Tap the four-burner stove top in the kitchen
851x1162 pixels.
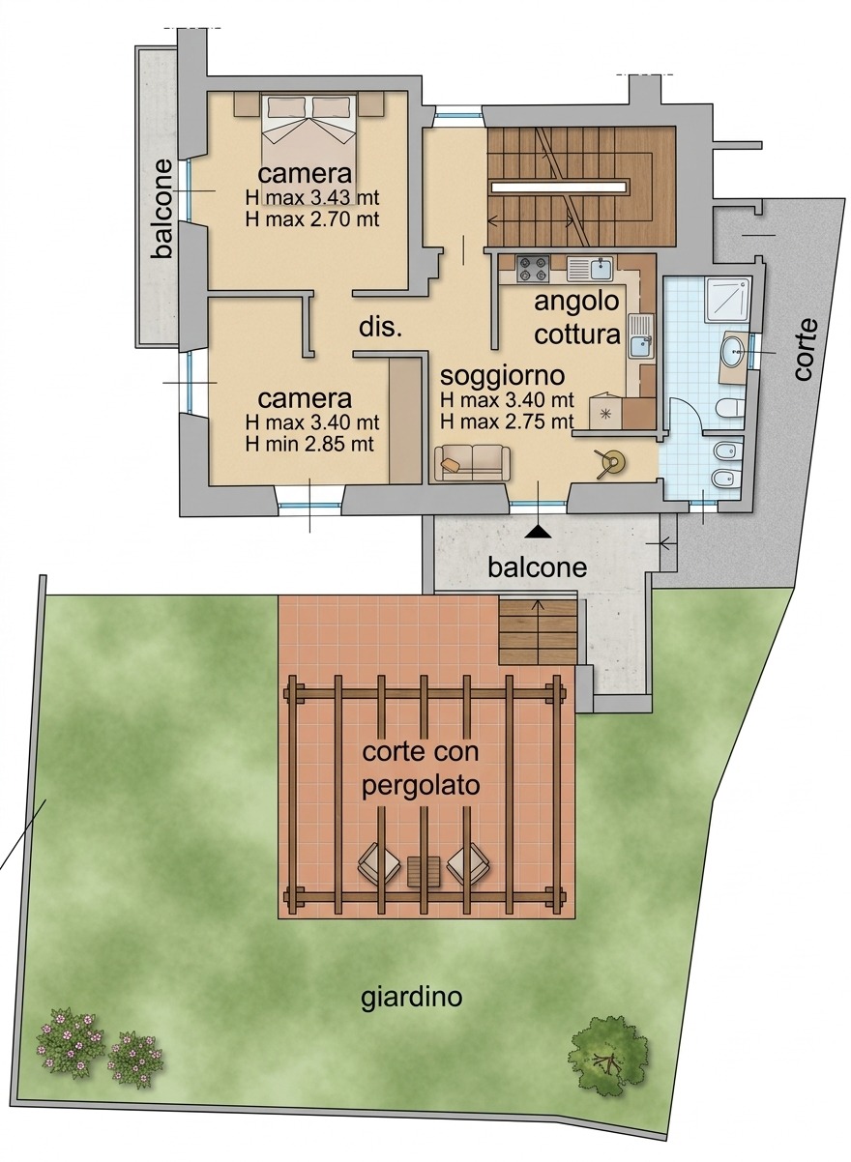(x=533, y=269)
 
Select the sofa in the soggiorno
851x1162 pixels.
(x=472, y=463)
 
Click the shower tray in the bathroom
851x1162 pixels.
(x=727, y=301)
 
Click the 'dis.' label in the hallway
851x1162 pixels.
(x=380, y=328)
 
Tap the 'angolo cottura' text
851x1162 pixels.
(x=577, y=318)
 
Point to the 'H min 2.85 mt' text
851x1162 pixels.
(x=309, y=445)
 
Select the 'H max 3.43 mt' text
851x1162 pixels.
(x=311, y=197)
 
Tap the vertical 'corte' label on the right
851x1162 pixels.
(x=806, y=349)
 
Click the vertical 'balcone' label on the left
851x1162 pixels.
(x=162, y=208)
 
